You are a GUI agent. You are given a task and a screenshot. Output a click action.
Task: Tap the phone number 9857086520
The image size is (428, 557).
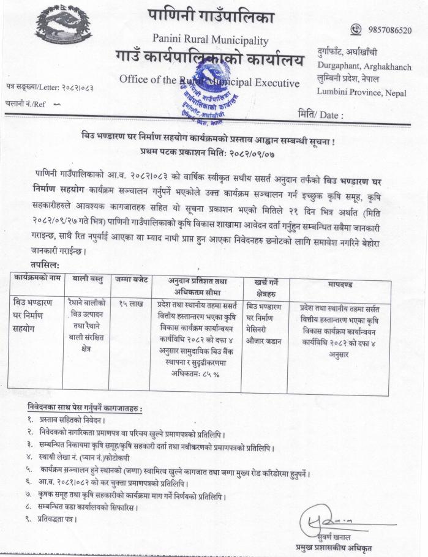389,30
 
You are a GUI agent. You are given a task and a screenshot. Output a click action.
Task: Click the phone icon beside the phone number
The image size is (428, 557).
356,29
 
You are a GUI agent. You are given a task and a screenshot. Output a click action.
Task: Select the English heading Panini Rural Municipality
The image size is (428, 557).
210,40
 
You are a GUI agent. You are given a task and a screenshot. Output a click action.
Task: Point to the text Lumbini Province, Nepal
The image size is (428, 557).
358,92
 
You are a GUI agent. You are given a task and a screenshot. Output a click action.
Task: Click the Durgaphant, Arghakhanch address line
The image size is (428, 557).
364,66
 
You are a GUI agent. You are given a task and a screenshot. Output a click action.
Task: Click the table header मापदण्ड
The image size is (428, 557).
340,285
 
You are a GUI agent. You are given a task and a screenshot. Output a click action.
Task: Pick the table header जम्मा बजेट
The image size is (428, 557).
130,280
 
